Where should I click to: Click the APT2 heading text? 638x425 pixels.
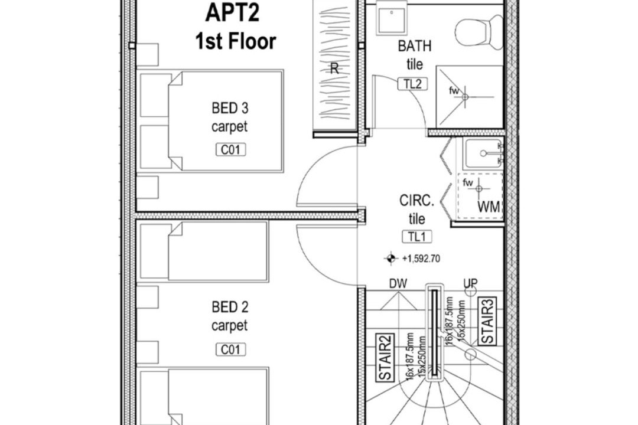(233, 12)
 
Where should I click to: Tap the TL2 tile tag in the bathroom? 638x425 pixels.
(412, 84)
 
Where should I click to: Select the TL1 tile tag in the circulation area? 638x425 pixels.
(417, 237)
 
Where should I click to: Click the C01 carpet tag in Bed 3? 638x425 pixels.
(231, 150)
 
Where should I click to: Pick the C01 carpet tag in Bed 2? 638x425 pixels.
(231, 350)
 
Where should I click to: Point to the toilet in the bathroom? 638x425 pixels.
(479, 32)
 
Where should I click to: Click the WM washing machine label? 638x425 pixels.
(489, 207)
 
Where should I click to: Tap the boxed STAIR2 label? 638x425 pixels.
(385, 358)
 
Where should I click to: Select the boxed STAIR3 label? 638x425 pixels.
(487, 321)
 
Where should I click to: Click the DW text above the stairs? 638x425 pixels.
(398, 284)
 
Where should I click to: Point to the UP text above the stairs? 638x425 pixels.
(470, 283)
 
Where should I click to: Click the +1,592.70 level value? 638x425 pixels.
(421, 259)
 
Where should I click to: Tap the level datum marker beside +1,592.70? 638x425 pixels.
(390, 259)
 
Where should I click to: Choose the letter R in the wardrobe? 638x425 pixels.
(334, 68)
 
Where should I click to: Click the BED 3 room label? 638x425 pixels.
(230, 108)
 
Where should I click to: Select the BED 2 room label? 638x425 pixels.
(230, 307)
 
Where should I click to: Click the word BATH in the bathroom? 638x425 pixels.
(415, 47)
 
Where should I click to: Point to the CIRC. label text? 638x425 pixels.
(416, 201)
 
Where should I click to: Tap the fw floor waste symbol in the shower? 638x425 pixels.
(465, 97)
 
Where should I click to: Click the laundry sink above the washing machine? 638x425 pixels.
(483, 153)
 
